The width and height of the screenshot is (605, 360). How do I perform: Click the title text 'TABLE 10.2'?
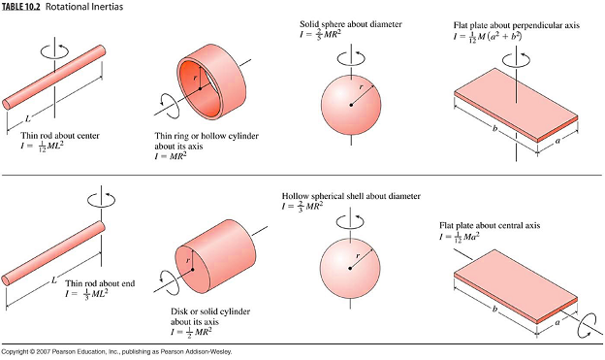click(21, 7)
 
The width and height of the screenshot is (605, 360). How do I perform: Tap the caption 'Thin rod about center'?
click(60, 136)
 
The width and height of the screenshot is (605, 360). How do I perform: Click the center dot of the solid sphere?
click(351, 105)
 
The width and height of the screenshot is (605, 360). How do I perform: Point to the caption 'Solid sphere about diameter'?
click(351, 24)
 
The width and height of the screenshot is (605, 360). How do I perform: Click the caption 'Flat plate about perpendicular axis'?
click(516, 25)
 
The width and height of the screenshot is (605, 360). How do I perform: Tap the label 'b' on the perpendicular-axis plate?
click(494, 128)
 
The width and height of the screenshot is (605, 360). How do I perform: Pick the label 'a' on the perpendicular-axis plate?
click(557, 141)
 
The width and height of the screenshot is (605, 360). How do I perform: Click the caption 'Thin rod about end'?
click(100, 283)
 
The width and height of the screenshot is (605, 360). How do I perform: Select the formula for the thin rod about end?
click(86, 294)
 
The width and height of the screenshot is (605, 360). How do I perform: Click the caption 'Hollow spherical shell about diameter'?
click(351, 196)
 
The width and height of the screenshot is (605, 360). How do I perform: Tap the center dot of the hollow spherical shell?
click(350, 268)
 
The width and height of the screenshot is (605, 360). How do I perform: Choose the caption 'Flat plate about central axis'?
click(490, 225)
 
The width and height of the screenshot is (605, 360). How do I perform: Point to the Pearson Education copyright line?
click(116, 351)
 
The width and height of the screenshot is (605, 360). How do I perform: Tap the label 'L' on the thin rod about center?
click(28, 119)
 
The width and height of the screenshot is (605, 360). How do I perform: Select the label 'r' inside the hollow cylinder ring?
click(195, 78)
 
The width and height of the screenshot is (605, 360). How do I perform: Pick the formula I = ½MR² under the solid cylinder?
click(191, 332)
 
